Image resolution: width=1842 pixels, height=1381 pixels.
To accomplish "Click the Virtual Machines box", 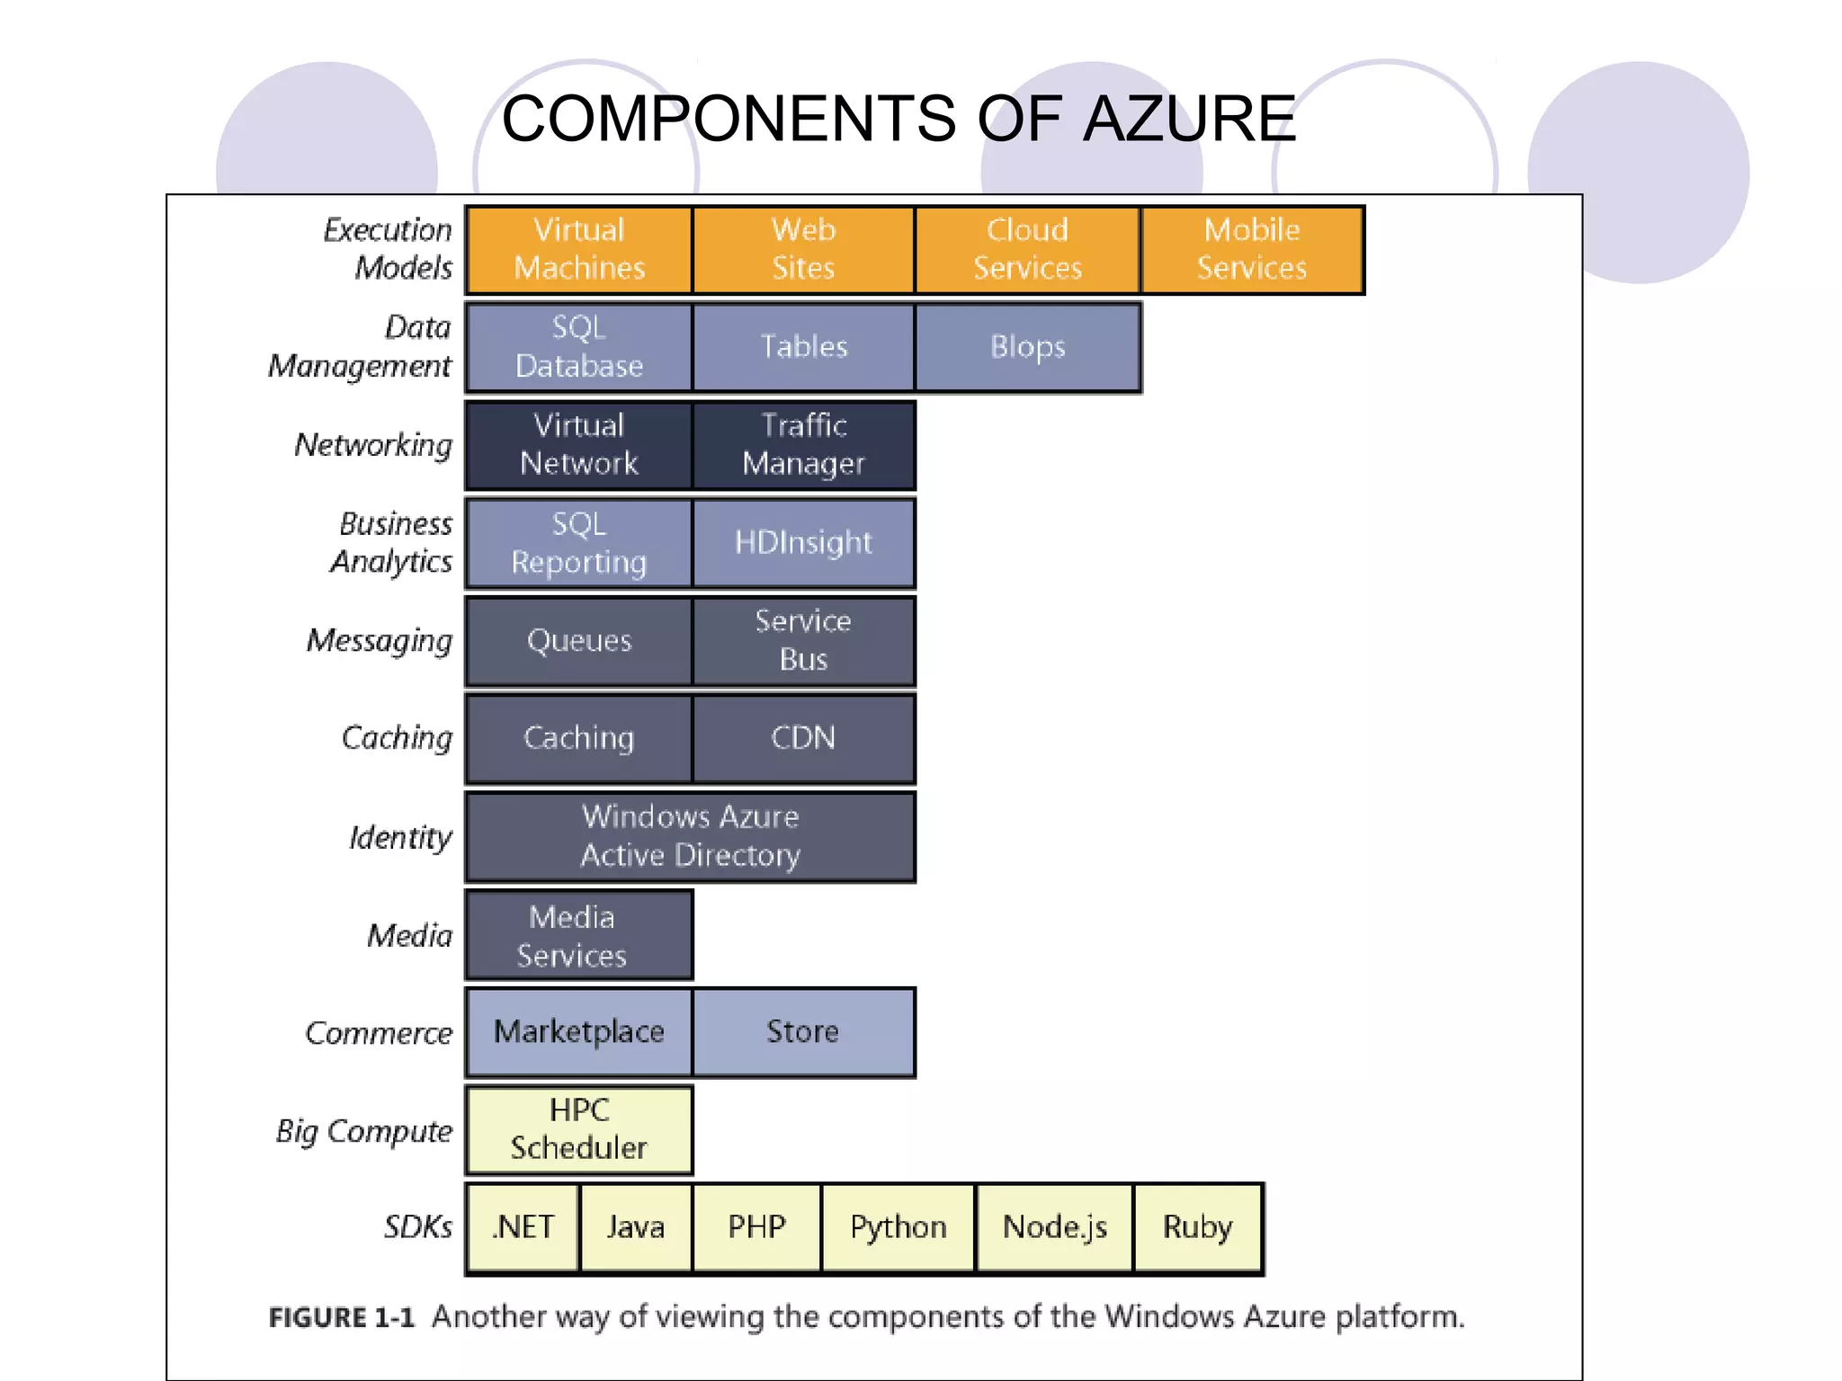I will (x=579, y=250).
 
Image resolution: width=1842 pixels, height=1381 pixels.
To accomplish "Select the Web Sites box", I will (x=803, y=250).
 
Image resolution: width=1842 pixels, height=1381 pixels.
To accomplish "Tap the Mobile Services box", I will (x=1252, y=250).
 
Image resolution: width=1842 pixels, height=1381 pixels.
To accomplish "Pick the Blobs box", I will (x=1027, y=347).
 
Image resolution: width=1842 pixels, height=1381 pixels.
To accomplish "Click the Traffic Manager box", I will (x=803, y=445).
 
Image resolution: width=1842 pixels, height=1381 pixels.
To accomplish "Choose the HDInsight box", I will (x=803, y=543).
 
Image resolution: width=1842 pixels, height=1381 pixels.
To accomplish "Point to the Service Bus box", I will (x=803, y=641).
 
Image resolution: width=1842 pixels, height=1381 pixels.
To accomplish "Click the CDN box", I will (x=803, y=738).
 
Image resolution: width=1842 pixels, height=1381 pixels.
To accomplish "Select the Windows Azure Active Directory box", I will (x=690, y=836).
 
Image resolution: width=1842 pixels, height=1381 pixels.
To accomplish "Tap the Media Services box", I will (x=578, y=935).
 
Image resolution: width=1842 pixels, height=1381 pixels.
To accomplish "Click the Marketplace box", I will (x=578, y=1032).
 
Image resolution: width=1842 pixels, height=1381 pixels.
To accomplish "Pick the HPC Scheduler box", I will (x=578, y=1130).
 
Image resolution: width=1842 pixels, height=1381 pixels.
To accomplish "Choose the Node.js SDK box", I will (x=1054, y=1228).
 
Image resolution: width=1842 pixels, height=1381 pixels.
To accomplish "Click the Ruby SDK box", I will (x=1197, y=1228).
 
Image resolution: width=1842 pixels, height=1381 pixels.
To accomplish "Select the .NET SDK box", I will (x=523, y=1228).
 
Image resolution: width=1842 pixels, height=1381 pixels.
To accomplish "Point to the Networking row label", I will (x=373, y=446).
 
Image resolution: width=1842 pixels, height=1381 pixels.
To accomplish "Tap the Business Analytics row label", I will (x=393, y=543).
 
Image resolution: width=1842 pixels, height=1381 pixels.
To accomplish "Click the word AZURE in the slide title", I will (x=1189, y=120).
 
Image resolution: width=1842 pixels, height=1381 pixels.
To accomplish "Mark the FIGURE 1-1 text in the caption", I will (x=342, y=1318).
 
